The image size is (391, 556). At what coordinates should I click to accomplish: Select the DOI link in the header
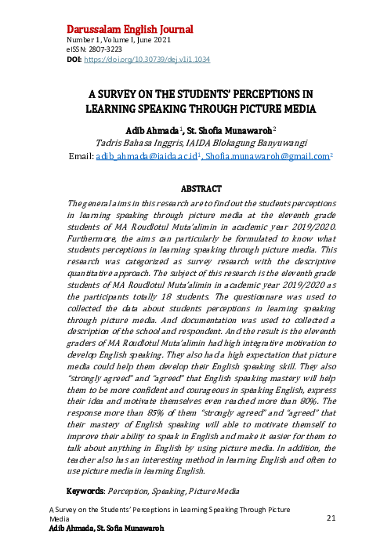(x=145, y=59)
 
